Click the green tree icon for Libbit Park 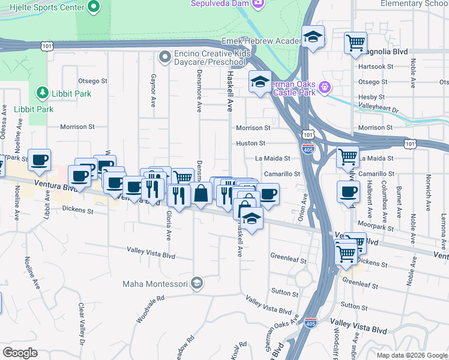point(42,93)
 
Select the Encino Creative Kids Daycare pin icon point(164,58)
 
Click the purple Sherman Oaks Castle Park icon point(325,86)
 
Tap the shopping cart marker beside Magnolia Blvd point(355,43)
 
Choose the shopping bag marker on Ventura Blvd point(201,194)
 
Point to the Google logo point(20,353)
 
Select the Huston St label point(250,143)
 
